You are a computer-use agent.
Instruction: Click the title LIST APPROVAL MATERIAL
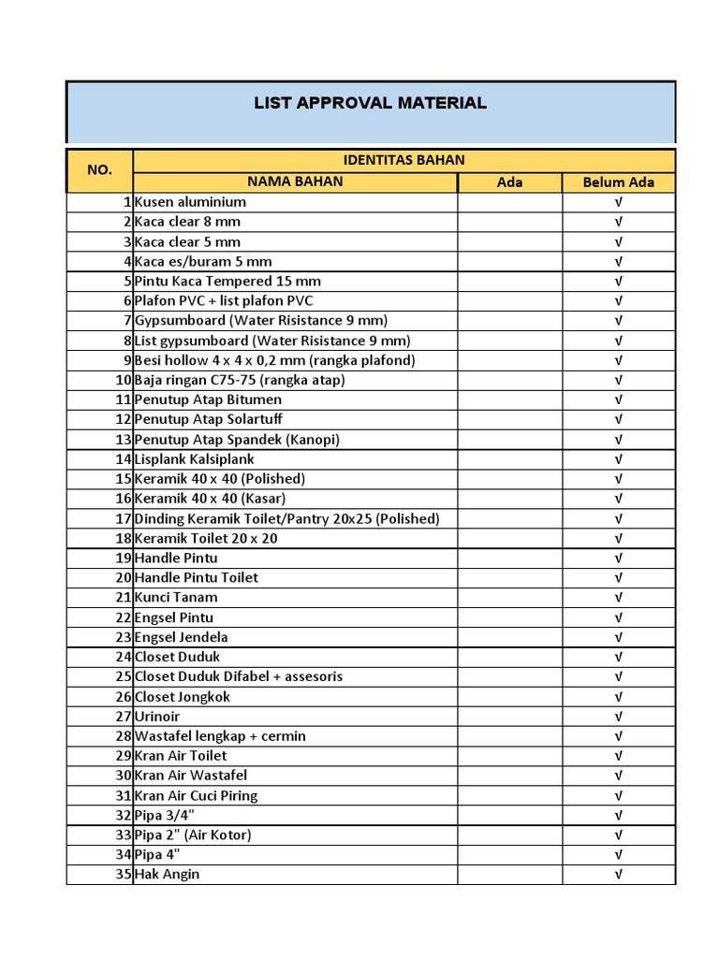point(370,103)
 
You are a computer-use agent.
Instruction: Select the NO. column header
point(99,169)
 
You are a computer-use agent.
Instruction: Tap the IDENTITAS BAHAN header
point(404,160)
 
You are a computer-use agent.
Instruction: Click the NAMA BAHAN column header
point(295,181)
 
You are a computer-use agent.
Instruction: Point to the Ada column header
point(509,182)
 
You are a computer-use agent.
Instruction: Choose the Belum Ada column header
point(618,182)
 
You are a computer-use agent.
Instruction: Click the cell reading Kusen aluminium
point(191,202)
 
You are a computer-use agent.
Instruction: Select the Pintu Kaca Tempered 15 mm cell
point(227,281)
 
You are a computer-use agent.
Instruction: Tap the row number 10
point(123,380)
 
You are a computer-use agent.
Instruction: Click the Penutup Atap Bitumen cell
point(208,399)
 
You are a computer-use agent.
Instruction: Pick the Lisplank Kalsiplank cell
point(194,459)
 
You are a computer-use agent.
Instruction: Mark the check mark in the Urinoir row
point(618,717)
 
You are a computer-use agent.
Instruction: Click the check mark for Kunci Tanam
point(618,598)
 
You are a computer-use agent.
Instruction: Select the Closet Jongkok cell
point(183,697)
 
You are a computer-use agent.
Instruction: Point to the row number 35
point(123,875)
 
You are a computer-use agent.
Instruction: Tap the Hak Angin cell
point(168,875)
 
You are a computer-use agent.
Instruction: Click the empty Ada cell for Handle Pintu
point(509,558)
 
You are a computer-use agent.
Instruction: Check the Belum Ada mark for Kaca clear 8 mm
point(618,222)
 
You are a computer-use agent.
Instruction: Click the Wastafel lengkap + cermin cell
point(220,736)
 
